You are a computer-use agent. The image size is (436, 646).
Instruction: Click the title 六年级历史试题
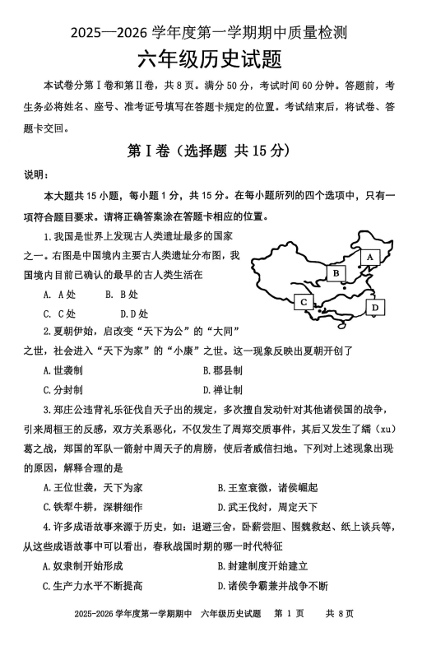tap(218, 61)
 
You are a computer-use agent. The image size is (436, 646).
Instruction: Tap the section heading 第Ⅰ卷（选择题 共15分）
tap(218, 151)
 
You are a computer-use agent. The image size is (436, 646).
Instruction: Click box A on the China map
tap(369, 257)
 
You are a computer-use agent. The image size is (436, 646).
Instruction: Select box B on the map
tap(335, 272)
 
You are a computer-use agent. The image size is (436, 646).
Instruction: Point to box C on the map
tap(304, 302)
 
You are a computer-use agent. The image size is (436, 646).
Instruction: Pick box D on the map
tap(375, 307)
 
